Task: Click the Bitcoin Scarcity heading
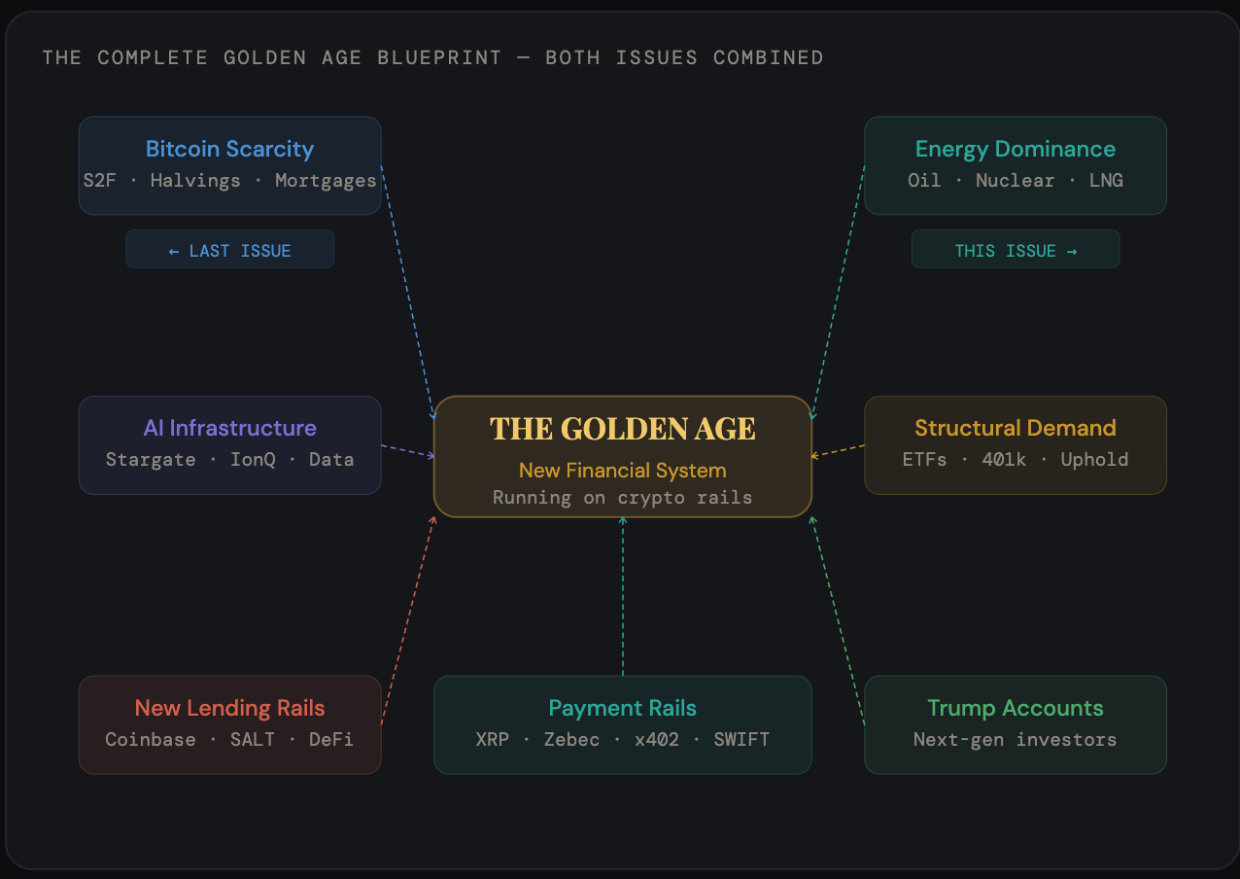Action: [229, 149]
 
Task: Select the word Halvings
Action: [195, 181]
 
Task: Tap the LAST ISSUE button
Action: [229, 251]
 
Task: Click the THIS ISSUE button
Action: [1016, 251]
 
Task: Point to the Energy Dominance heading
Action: [1016, 149]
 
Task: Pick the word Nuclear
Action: [1015, 181]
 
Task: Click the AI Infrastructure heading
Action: [229, 428]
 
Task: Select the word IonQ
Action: [253, 460]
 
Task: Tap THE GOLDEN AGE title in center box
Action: [623, 429]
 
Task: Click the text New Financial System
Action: [623, 471]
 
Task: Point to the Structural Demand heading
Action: [1016, 428]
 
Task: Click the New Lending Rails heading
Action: [229, 708]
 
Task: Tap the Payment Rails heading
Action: [623, 708]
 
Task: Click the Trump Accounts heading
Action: [1016, 708]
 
